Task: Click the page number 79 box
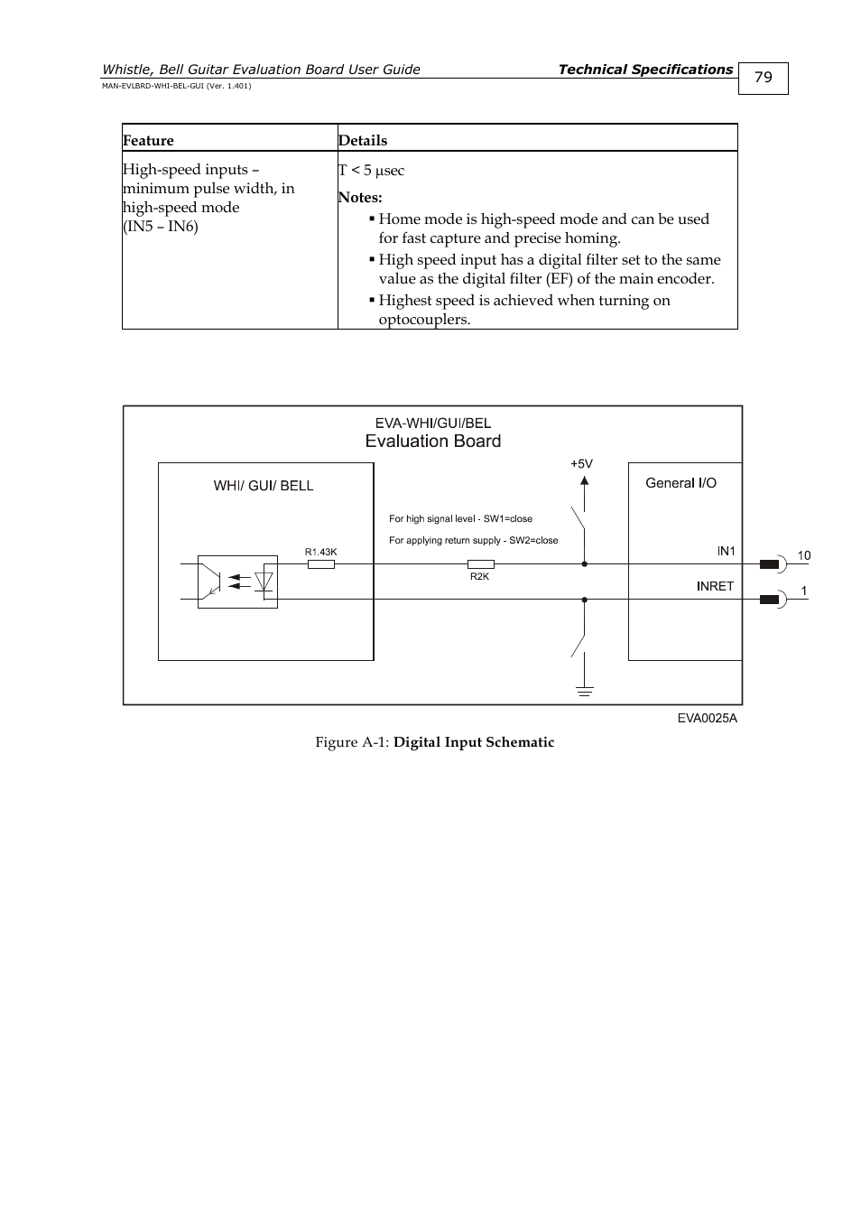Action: pyautogui.click(x=763, y=79)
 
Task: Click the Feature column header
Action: pyautogui.click(x=148, y=140)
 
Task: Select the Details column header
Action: pyautogui.click(x=363, y=140)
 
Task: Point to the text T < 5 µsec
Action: pyautogui.click(x=371, y=170)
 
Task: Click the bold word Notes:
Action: pyautogui.click(x=360, y=197)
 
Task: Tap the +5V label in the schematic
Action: pyautogui.click(x=581, y=464)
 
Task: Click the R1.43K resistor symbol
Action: pyautogui.click(x=321, y=564)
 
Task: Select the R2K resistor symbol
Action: pyautogui.click(x=481, y=564)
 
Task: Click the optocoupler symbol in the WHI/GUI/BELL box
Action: pyautogui.click(x=237, y=582)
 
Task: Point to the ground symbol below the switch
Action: pyautogui.click(x=585, y=692)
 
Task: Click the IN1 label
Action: pyautogui.click(x=727, y=551)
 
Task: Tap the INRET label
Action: pyautogui.click(x=716, y=586)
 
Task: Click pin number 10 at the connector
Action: pyautogui.click(x=804, y=555)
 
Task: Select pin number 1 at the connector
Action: pyautogui.click(x=804, y=591)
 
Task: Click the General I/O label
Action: pyautogui.click(x=680, y=483)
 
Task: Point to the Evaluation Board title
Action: pyautogui.click(x=433, y=441)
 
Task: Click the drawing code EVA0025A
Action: pyautogui.click(x=708, y=718)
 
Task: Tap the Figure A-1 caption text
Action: pyautogui.click(x=434, y=742)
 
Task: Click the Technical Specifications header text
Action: pyautogui.click(x=645, y=70)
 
